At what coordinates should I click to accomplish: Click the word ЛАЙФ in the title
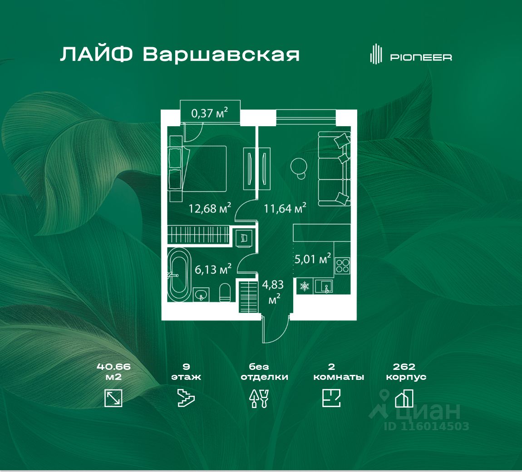96,54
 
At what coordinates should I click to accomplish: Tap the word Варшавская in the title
222,54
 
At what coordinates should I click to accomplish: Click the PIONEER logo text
421,57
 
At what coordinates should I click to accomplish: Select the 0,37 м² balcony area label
210,113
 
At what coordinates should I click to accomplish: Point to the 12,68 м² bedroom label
210,208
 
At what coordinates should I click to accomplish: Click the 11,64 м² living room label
285,208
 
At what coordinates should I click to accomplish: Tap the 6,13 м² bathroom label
213,269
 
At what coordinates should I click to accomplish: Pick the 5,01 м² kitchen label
313,259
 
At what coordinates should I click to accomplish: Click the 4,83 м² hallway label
273,291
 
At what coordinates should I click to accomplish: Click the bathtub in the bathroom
179,275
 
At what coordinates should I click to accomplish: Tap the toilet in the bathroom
225,293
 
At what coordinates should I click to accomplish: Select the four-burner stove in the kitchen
342,265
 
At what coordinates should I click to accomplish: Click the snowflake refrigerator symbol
305,286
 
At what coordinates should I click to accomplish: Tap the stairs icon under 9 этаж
186,398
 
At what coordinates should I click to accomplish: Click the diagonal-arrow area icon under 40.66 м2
113,398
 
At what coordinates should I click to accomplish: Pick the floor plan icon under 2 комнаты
331,398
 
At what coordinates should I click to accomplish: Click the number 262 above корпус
404,367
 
